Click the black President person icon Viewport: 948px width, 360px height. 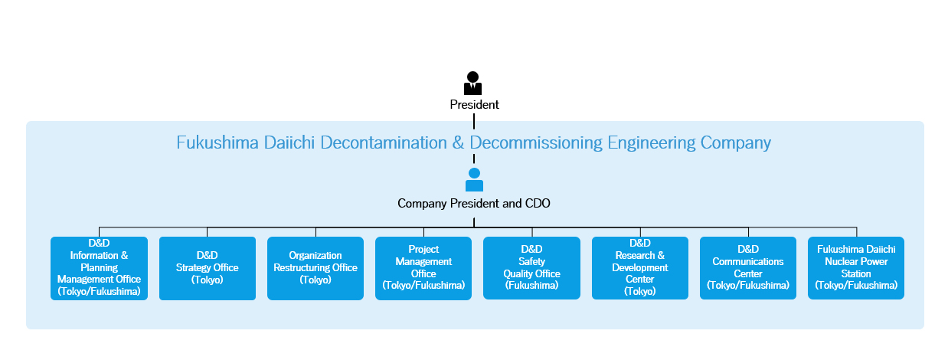(472, 83)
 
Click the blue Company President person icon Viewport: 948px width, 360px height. (474, 179)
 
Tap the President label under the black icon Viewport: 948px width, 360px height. (474, 105)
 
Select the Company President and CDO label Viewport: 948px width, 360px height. (473, 203)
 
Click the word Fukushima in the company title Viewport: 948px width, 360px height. (217, 142)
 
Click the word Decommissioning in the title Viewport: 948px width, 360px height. (536, 143)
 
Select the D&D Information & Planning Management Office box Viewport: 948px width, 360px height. (99, 268)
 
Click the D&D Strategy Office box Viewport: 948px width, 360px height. (208, 268)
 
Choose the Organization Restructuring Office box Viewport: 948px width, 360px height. (315, 268)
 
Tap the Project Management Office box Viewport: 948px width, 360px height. (423, 268)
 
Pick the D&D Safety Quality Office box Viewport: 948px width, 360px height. (531, 267)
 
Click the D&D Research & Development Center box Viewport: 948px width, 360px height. (640, 267)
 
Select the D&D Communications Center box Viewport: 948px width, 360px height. (748, 267)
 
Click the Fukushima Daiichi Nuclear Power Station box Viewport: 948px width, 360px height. (856, 267)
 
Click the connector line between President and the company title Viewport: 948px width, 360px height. (474, 121)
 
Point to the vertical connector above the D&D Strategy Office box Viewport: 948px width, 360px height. (208, 232)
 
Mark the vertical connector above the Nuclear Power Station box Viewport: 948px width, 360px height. (857, 232)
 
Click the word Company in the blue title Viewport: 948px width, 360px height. (736, 143)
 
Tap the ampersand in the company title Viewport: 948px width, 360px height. (458, 142)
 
